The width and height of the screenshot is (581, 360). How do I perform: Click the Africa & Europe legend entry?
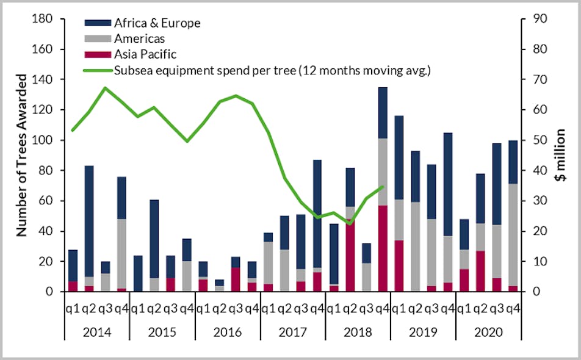point(157,23)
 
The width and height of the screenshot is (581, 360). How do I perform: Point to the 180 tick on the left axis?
point(44,19)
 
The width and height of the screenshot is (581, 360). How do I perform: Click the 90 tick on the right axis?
point(539,19)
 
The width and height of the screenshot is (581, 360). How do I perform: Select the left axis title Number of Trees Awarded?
point(21,156)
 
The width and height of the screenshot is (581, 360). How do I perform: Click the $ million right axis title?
point(561,156)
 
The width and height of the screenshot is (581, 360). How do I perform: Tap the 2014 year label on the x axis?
point(96,333)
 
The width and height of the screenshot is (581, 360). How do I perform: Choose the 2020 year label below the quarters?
point(488,333)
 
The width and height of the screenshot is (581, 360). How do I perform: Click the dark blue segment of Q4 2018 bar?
point(382,113)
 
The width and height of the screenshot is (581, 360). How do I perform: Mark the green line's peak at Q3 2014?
point(105,88)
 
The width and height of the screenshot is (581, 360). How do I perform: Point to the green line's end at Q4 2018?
point(382,187)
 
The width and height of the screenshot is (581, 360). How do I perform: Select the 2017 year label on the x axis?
point(292,333)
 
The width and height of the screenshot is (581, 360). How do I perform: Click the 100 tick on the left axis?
point(44,140)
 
